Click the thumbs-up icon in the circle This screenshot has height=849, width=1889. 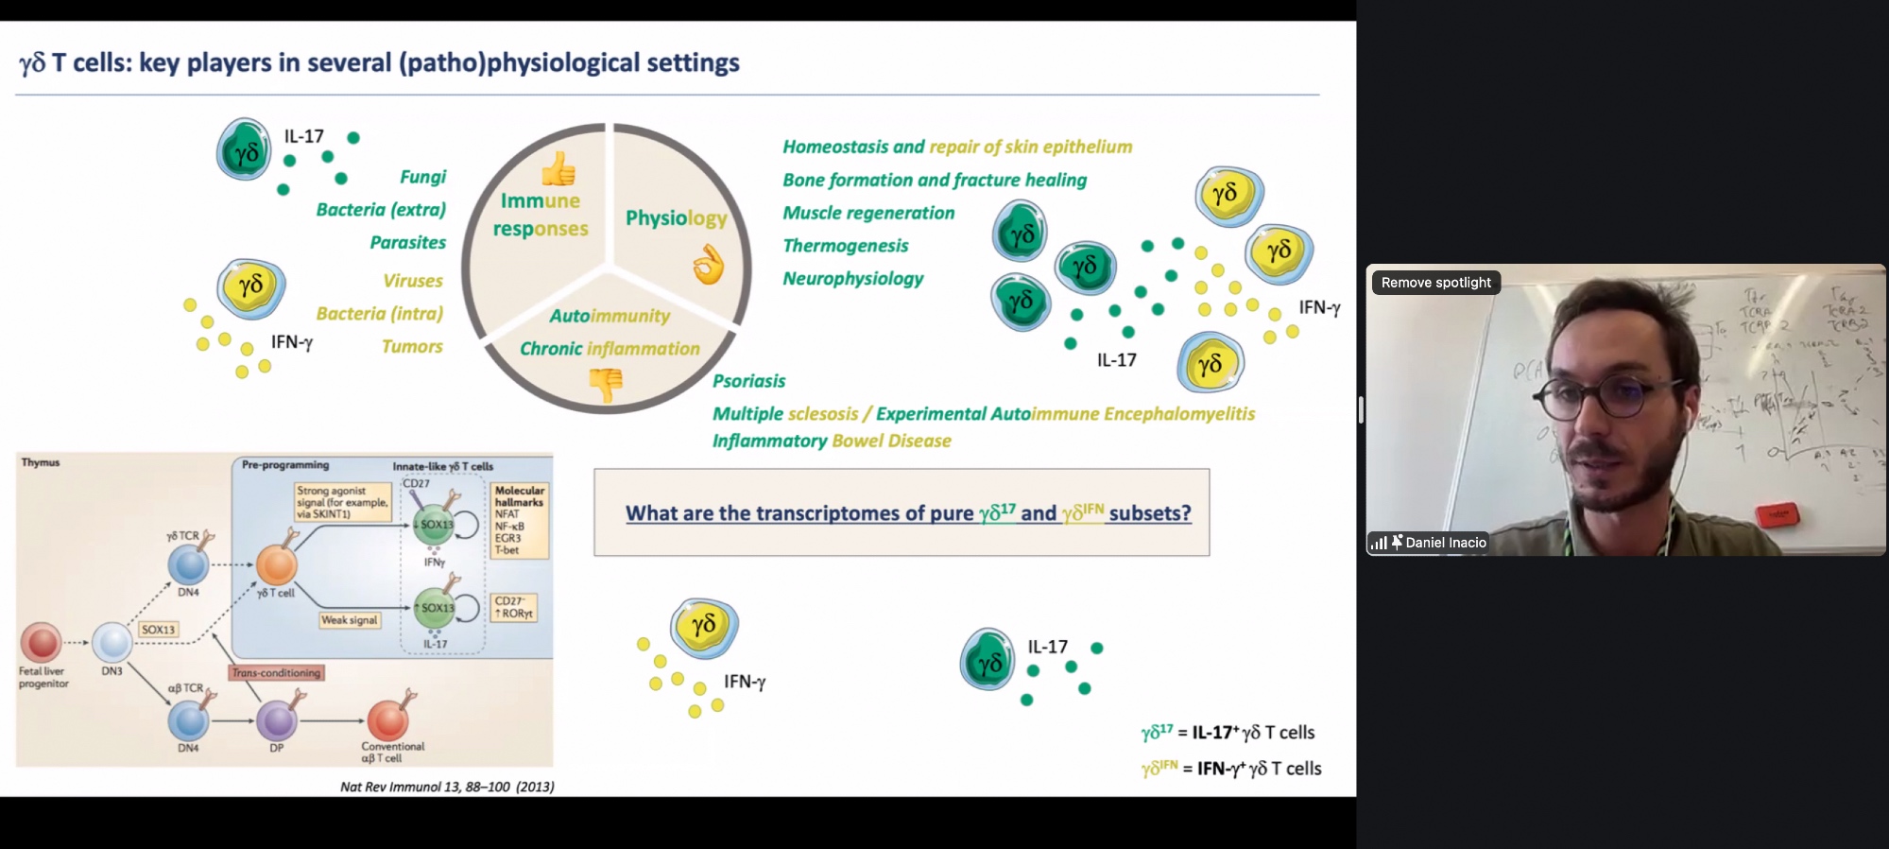pyautogui.click(x=558, y=170)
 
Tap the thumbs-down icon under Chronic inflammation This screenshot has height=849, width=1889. pyautogui.click(x=606, y=384)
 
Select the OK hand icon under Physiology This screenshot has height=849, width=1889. pyautogui.click(x=708, y=265)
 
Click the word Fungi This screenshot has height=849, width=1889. pyautogui.click(x=422, y=177)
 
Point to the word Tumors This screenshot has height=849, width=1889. pyautogui.click(x=412, y=347)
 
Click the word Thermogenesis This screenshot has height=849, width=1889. pyautogui.click(x=845, y=246)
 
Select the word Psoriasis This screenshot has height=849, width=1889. pyautogui.click(x=748, y=381)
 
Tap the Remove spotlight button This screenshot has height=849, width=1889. pyautogui.click(x=1435, y=283)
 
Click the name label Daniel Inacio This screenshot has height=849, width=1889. pyautogui.click(x=1445, y=543)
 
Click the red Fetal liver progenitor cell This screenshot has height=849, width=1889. pyautogui.click(x=41, y=642)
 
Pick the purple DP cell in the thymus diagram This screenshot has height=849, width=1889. pyautogui.click(x=277, y=720)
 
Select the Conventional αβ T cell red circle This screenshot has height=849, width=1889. pyautogui.click(x=387, y=720)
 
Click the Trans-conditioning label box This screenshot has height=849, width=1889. pyautogui.click(x=276, y=673)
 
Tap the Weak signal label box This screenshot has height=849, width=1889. pyautogui.click(x=349, y=620)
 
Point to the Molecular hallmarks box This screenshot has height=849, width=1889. pyautogui.click(x=520, y=520)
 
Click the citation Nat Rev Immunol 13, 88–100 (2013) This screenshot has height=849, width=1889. pyautogui.click(x=447, y=787)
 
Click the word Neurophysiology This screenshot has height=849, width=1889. pyautogui.click(x=852, y=279)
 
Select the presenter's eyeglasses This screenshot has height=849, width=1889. pyautogui.click(x=1606, y=397)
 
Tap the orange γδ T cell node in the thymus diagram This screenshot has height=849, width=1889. pyautogui.click(x=277, y=565)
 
